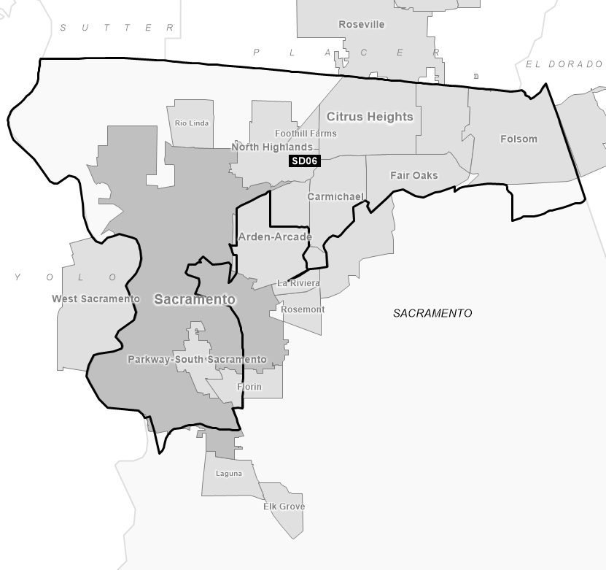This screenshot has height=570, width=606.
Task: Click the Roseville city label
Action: (361, 25)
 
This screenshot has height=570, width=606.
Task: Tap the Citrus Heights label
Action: (370, 117)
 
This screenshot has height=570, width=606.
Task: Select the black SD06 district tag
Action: (305, 161)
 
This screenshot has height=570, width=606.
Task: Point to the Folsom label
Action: (518, 139)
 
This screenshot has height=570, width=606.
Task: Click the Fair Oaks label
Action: (413, 176)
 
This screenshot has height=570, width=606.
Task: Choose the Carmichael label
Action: (335, 197)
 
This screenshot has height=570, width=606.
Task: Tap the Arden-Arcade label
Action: (275, 237)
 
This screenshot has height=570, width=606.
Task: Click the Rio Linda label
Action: (192, 123)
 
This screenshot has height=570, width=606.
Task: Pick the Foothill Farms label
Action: (306, 134)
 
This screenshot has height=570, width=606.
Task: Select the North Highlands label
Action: (271, 147)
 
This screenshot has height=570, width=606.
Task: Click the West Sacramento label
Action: (96, 299)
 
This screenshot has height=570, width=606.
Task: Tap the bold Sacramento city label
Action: (195, 300)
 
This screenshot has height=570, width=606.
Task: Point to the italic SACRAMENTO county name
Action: (432, 313)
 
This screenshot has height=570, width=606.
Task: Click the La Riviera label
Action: (298, 283)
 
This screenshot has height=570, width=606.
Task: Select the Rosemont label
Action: (303, 309)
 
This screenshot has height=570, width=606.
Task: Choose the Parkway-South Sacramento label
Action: (197, 360)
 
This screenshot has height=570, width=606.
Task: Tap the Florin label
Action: (249, 387)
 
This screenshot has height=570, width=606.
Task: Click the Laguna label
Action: (229, 474)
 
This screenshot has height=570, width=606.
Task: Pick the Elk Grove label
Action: (284, 507)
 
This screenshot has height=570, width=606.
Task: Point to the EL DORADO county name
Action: (564, 64)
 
